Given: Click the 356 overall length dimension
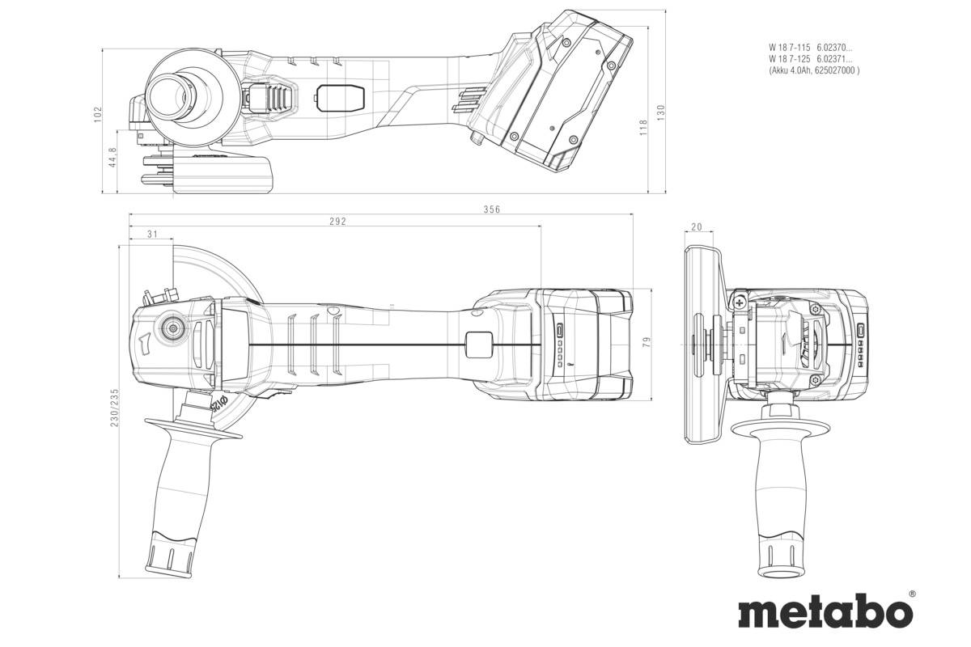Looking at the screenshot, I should [x=492, y=209].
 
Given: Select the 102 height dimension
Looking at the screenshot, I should [x=99, y=115].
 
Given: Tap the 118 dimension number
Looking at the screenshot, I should [x=643, y=128].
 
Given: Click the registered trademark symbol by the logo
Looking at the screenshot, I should [x=912, y=594].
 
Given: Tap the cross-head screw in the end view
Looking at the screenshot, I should [x=739, y=302].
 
